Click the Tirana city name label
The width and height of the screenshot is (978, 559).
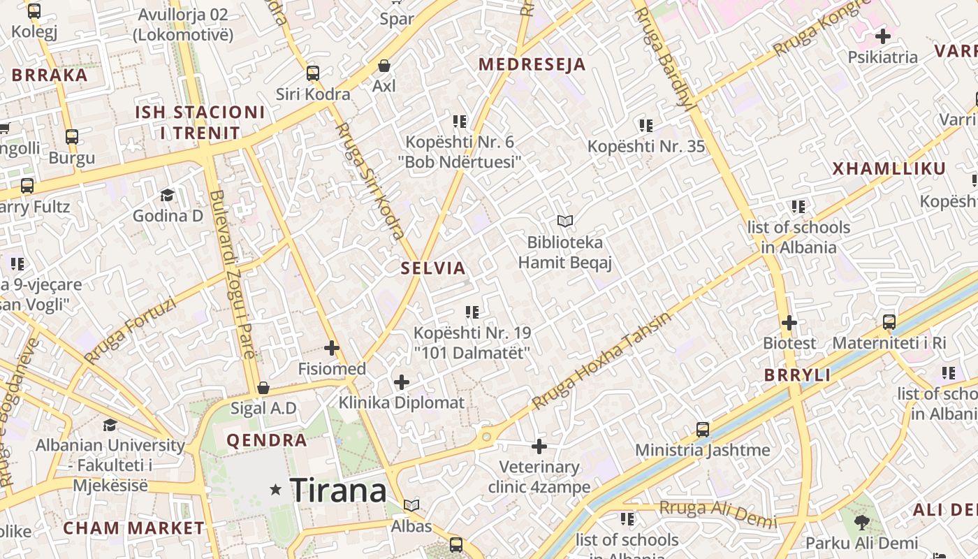tap(338, 491)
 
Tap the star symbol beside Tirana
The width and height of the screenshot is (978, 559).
tap(276, 491)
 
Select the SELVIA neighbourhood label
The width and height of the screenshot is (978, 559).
tap(433, 268)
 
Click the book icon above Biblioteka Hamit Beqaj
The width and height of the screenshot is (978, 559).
tap(565, 222)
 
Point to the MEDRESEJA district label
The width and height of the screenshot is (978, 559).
tap(532, 65)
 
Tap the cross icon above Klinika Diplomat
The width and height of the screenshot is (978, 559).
tap(402, 382)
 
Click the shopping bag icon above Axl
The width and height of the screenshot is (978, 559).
tap(384, 66)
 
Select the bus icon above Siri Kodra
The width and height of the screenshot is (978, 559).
tap(313, 73)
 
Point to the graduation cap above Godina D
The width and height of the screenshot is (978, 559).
tap(167, 195)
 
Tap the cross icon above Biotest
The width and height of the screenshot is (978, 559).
tap(789, 323)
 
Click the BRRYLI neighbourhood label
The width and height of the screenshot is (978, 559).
tap(797, 375)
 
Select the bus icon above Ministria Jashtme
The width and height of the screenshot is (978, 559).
tap(703, 429)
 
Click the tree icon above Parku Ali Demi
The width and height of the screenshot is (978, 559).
tap(861, 522)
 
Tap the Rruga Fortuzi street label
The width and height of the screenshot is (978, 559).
tap(131, 331)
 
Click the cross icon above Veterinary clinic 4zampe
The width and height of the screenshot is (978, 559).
tap(539, 446)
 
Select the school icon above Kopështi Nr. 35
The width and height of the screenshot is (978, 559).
tap(646, 126)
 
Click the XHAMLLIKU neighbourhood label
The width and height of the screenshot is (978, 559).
tap(889, 168)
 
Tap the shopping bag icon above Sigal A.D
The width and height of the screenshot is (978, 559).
tap(263, 388)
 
